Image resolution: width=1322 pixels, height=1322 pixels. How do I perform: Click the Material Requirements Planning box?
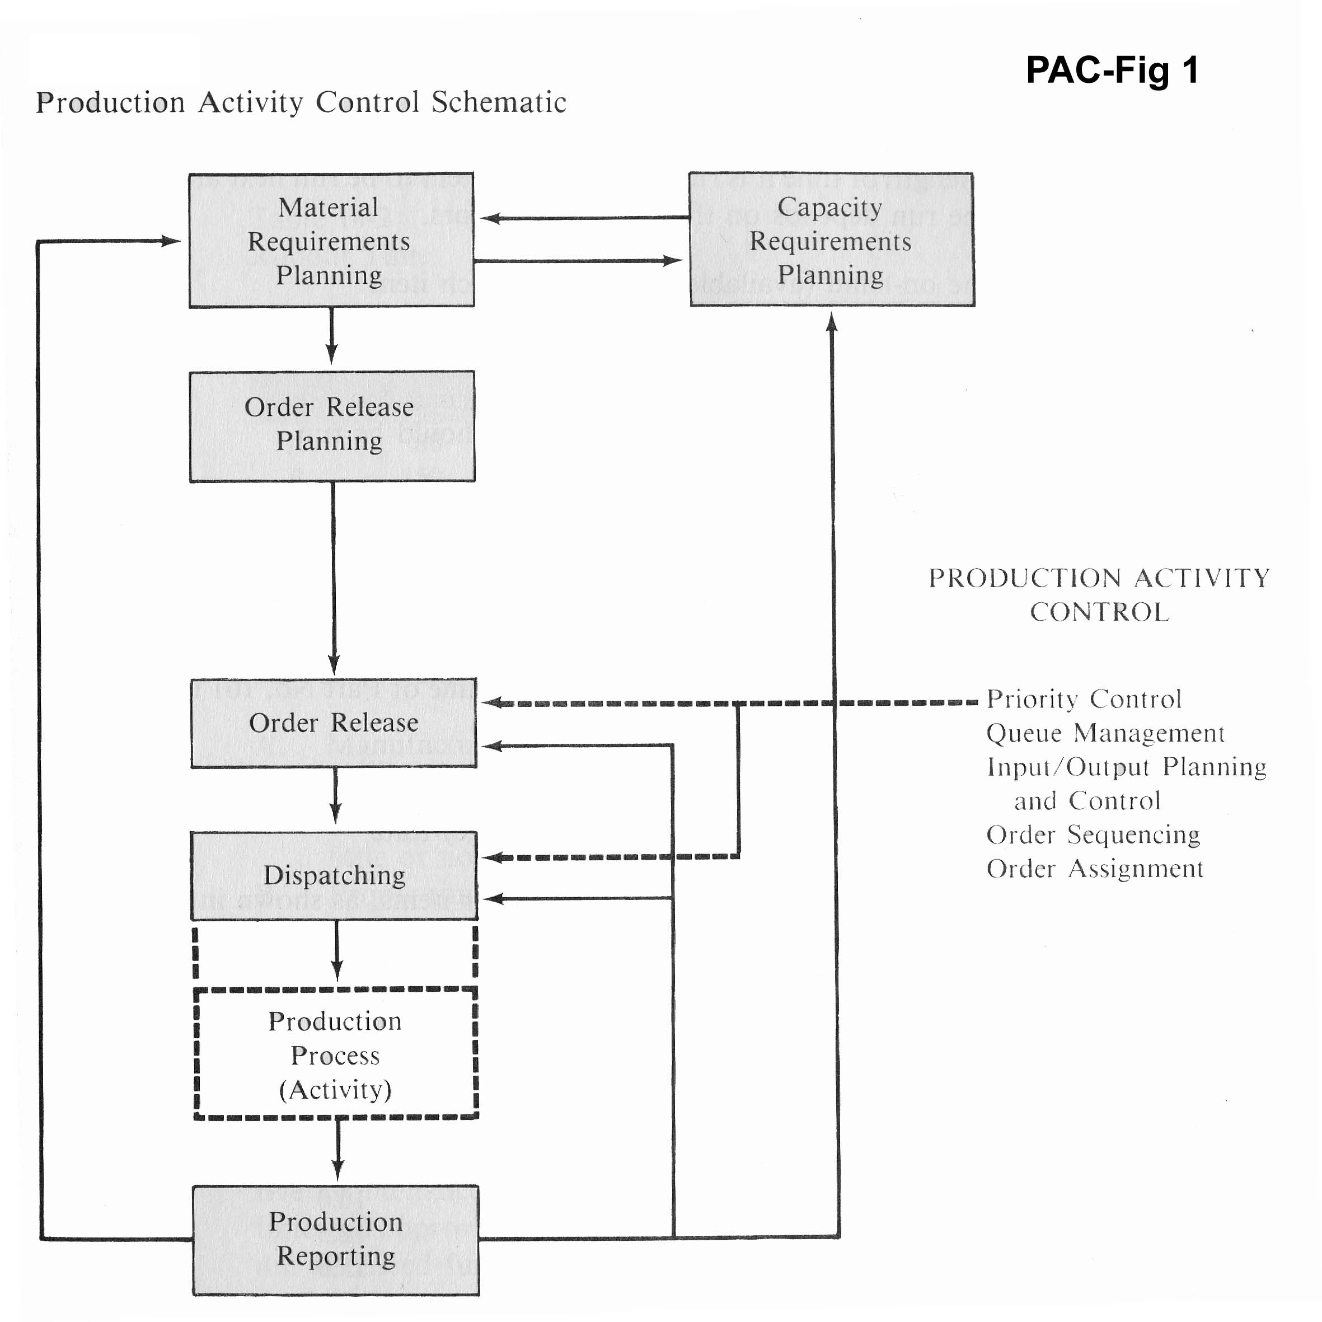tap(331, 240)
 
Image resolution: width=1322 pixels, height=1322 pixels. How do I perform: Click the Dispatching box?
tap(334, 875)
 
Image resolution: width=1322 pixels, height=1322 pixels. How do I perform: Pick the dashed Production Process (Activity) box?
tap(335, 1054)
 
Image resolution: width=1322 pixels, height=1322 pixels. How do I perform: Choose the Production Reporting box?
tap(335, 1239)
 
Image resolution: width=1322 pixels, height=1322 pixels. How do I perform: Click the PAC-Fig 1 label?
tap(1112, 71)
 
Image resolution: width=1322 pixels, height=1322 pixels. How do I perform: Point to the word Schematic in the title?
tap(499, 102)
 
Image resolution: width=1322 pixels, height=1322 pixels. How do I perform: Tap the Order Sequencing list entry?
tap(1093, 835)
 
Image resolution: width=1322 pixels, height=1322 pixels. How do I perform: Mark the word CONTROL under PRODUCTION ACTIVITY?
tap(1100, 612)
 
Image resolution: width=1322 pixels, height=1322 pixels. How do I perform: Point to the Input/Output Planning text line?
tap(1126, 767)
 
